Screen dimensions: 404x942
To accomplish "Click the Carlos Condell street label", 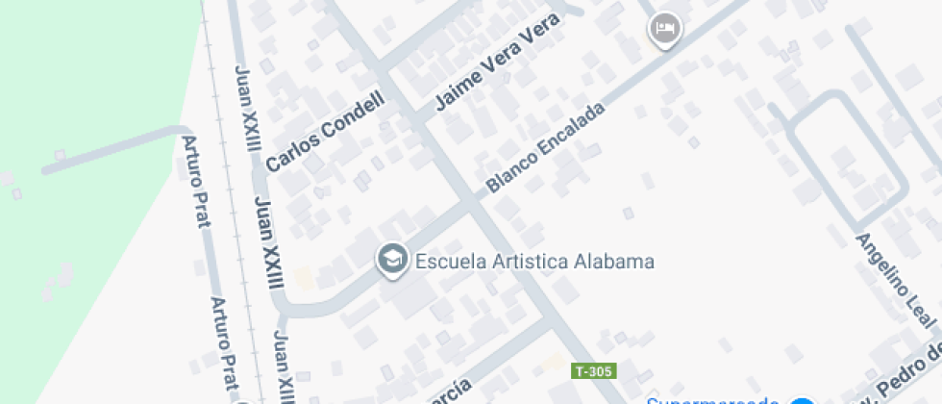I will click(x=325, y=132).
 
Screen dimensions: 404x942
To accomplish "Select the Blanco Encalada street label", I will click(x=546, y=146).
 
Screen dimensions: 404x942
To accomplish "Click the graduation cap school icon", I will click(x=390, y=260).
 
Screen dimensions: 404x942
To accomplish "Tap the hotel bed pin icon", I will click(x=663, y=30).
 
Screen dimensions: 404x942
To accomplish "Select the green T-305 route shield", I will click(x=593, y=371).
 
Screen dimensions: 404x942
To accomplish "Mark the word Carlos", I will click(x=289, y=154).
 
